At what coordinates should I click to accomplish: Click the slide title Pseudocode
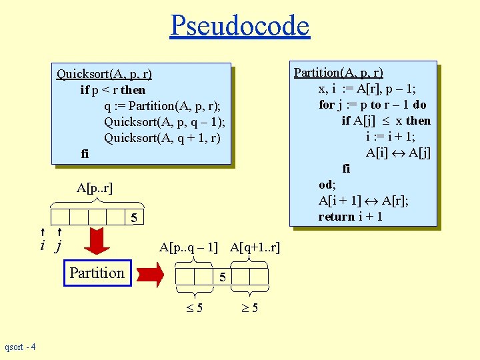tap(239, 26)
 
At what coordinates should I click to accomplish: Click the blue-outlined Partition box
tap(97, 273)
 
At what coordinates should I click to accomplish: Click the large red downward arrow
tap(98, 241)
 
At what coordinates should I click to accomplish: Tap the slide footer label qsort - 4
tap(20, 347)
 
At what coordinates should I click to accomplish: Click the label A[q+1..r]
tap(255, 247)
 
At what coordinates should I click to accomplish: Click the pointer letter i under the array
tap(43, 245)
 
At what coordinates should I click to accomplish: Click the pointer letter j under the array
tap(58, 246)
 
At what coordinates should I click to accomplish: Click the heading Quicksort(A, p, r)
tap(104, 74)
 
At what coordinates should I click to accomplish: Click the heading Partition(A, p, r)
tap(339, 73)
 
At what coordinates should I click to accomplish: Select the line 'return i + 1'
tap(350, 217)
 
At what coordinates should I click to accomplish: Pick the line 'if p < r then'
tap(113, 90)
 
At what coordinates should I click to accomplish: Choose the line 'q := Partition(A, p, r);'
tap(162, 106)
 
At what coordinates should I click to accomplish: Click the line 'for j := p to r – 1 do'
tap(372, 105)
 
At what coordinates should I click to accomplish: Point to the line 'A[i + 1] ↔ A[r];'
tap(363, 201)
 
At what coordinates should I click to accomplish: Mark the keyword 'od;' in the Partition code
tap(327, 185)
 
